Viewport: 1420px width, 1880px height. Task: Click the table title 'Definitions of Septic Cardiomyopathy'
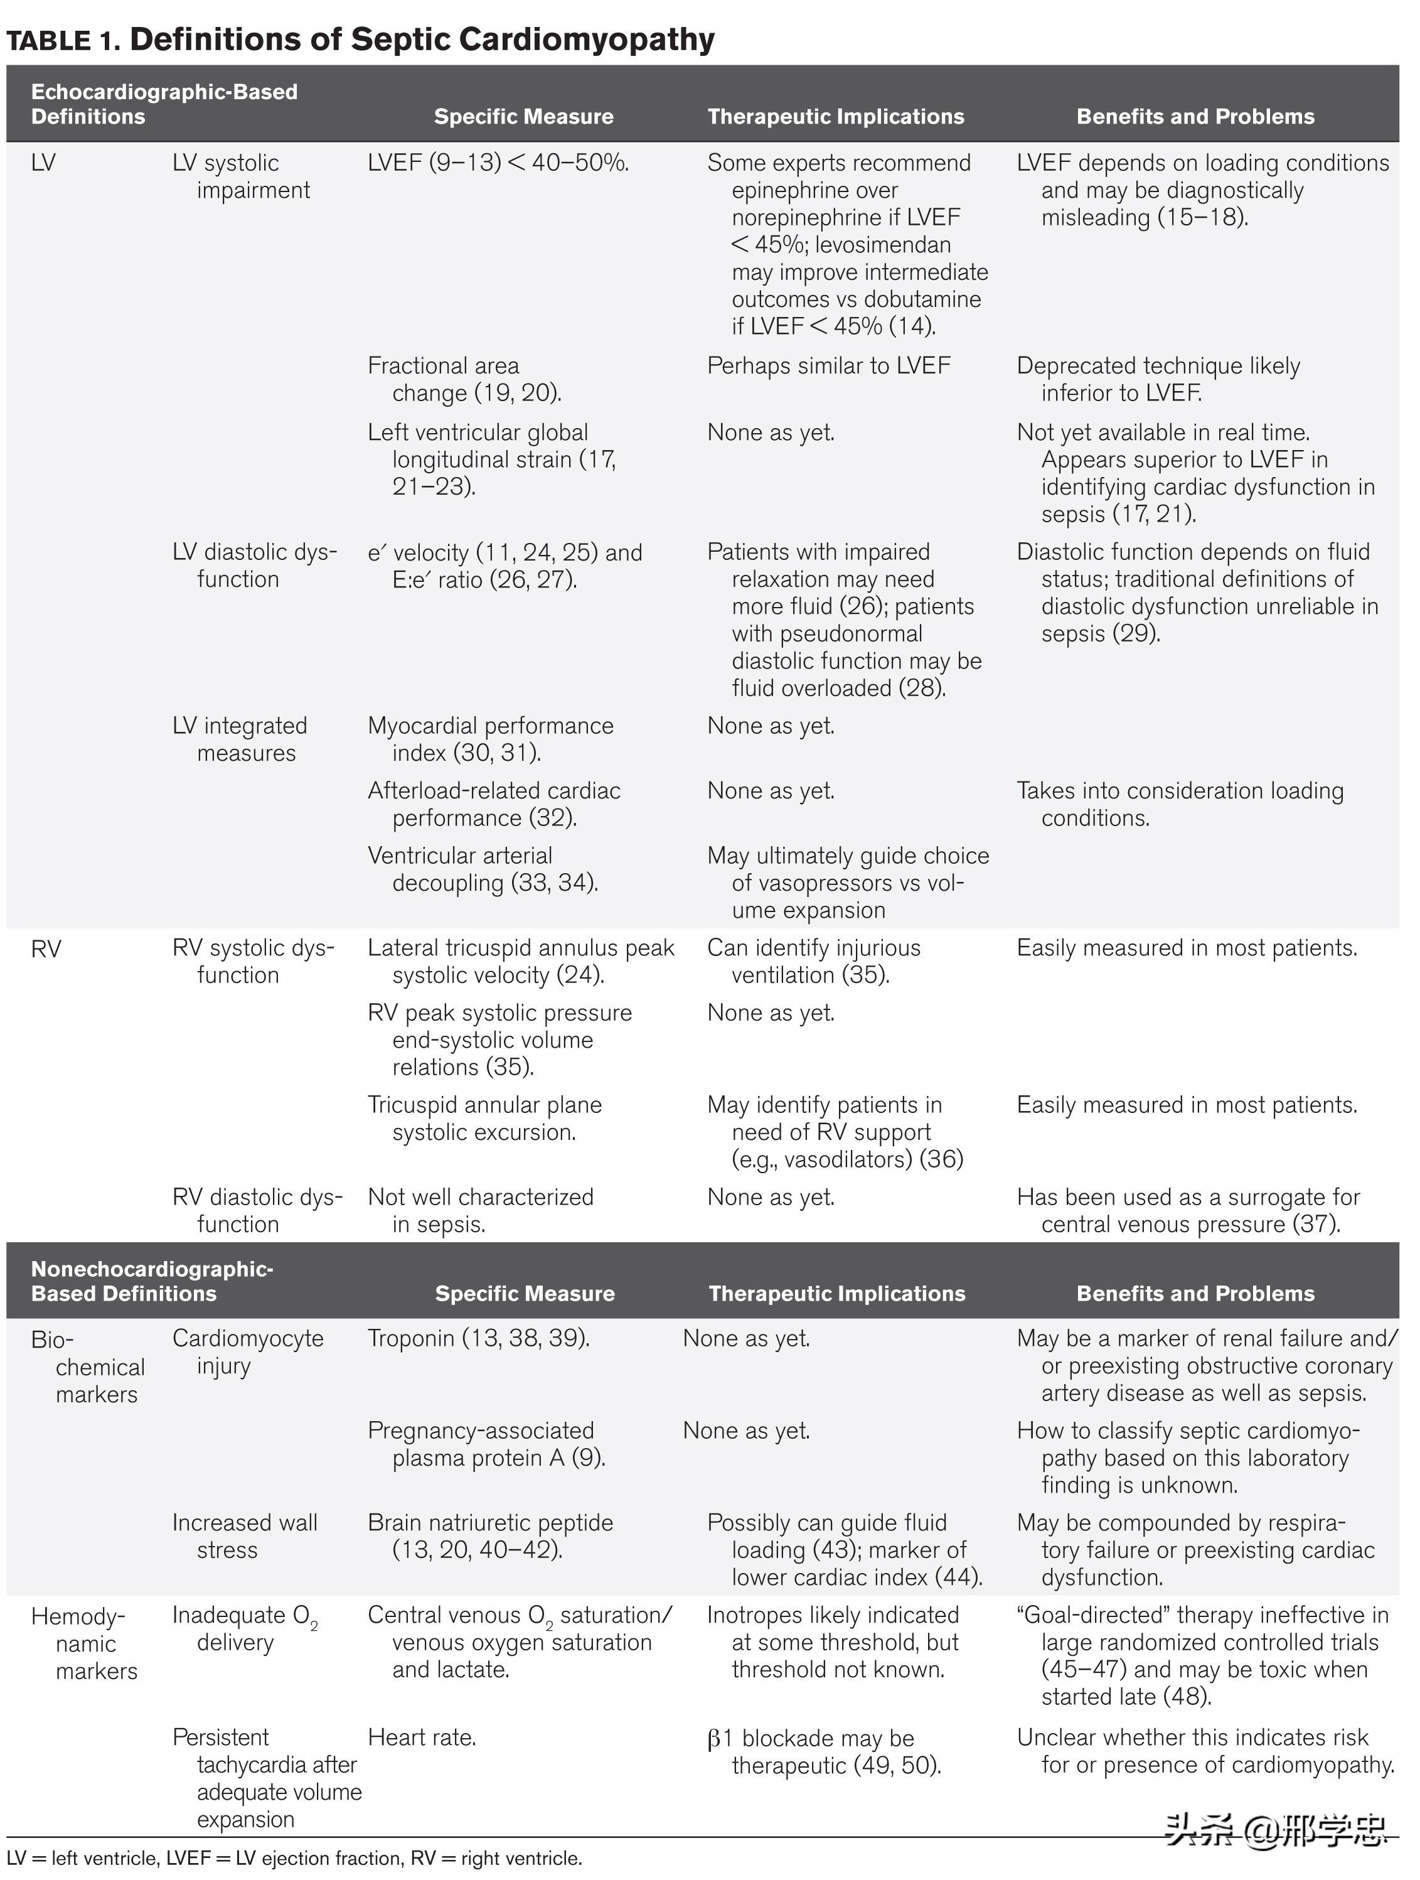[x=422, y=40]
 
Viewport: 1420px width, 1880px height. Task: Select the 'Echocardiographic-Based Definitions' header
[x=164, y=104]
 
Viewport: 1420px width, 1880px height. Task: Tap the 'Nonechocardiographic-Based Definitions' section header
[x=152, y=1281]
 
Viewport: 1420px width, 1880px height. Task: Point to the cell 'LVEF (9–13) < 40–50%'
[x=498, y=163]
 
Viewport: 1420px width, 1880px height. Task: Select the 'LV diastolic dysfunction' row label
[x=254, y=565]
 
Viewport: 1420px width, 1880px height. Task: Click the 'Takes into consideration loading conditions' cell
[x=1180, y=804]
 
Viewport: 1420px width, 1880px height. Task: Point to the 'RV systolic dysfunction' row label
[x=254, y=961]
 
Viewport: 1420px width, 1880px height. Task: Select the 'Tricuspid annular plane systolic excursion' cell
[x=484, y=1119]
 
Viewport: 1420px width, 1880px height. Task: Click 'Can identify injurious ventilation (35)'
[x=813, y=961]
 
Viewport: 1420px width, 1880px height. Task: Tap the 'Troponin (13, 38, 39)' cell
[x=478, y=1339]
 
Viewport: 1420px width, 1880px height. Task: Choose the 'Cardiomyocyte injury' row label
[x=247, y=1352]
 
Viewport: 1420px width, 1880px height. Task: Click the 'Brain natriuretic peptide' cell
[x=490, y=1536]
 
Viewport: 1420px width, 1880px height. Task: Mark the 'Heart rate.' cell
[x=422, y=1738]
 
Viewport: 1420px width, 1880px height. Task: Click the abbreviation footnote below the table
[x=294, y=1858]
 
